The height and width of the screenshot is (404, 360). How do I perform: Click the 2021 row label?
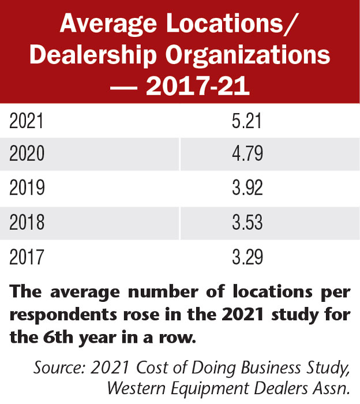(27, 122)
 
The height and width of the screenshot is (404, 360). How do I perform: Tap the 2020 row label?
(27, 155)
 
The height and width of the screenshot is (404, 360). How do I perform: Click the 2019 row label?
(27, 188)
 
